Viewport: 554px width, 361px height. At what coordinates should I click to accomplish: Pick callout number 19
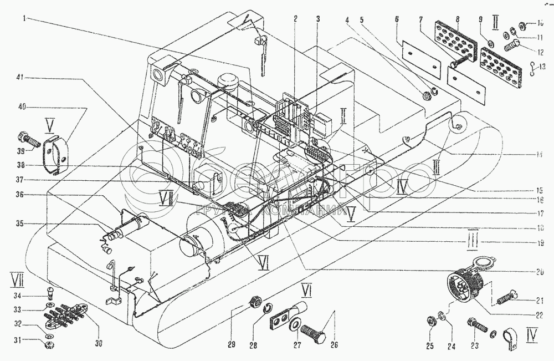[532, 242]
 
